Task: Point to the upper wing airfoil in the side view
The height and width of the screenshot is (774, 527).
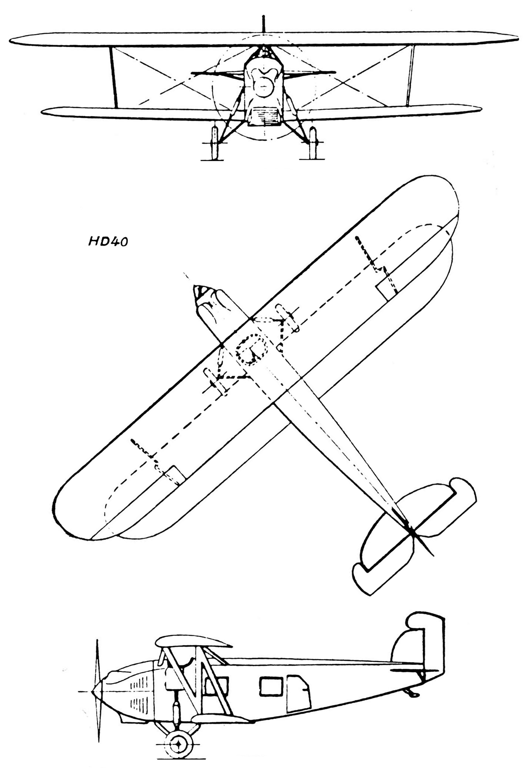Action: [193, 641]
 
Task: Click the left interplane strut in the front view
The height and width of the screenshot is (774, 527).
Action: [114, 77]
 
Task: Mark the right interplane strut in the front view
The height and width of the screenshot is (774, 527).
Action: [411, 75]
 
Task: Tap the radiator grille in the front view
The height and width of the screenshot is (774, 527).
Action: [263, 118]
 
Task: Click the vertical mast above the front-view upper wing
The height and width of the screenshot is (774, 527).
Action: [263, 24]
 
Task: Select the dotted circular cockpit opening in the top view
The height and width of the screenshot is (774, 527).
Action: [253, 349]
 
